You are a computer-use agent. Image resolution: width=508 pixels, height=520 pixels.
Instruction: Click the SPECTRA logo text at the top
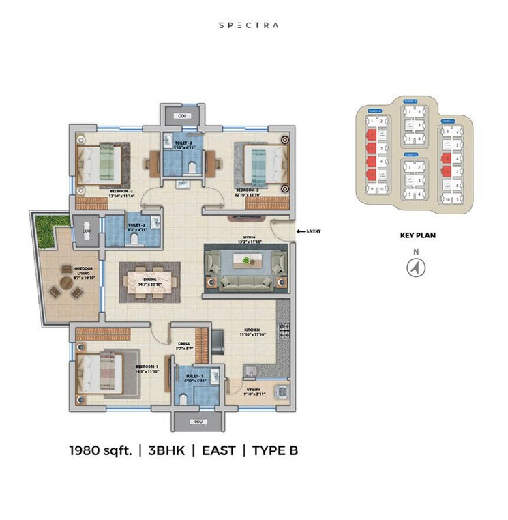click(248, 25)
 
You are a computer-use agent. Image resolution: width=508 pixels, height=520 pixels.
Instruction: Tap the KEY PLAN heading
click(417, 235)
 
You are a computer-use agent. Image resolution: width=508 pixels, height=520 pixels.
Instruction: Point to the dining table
click(150, 281)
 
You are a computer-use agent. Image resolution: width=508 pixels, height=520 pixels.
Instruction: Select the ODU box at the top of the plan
click(181, 116)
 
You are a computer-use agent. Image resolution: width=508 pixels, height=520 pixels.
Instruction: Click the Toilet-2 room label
click(136, 227)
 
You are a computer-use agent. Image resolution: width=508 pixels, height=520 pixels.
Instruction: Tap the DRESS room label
click(184, 345)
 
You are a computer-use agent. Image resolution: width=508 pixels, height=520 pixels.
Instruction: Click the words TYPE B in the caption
click(275, 450)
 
